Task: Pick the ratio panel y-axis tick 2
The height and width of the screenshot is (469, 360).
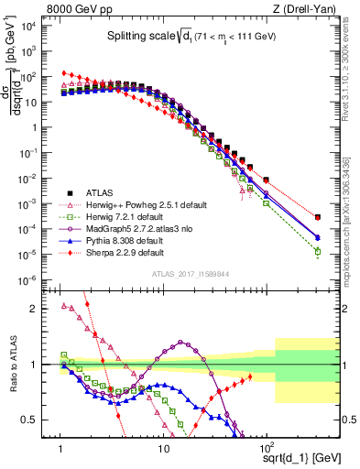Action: point(42,308)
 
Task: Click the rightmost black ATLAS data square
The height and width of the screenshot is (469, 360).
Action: point(318,217)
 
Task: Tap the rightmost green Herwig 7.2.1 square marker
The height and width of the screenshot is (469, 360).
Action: point(318,251)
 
